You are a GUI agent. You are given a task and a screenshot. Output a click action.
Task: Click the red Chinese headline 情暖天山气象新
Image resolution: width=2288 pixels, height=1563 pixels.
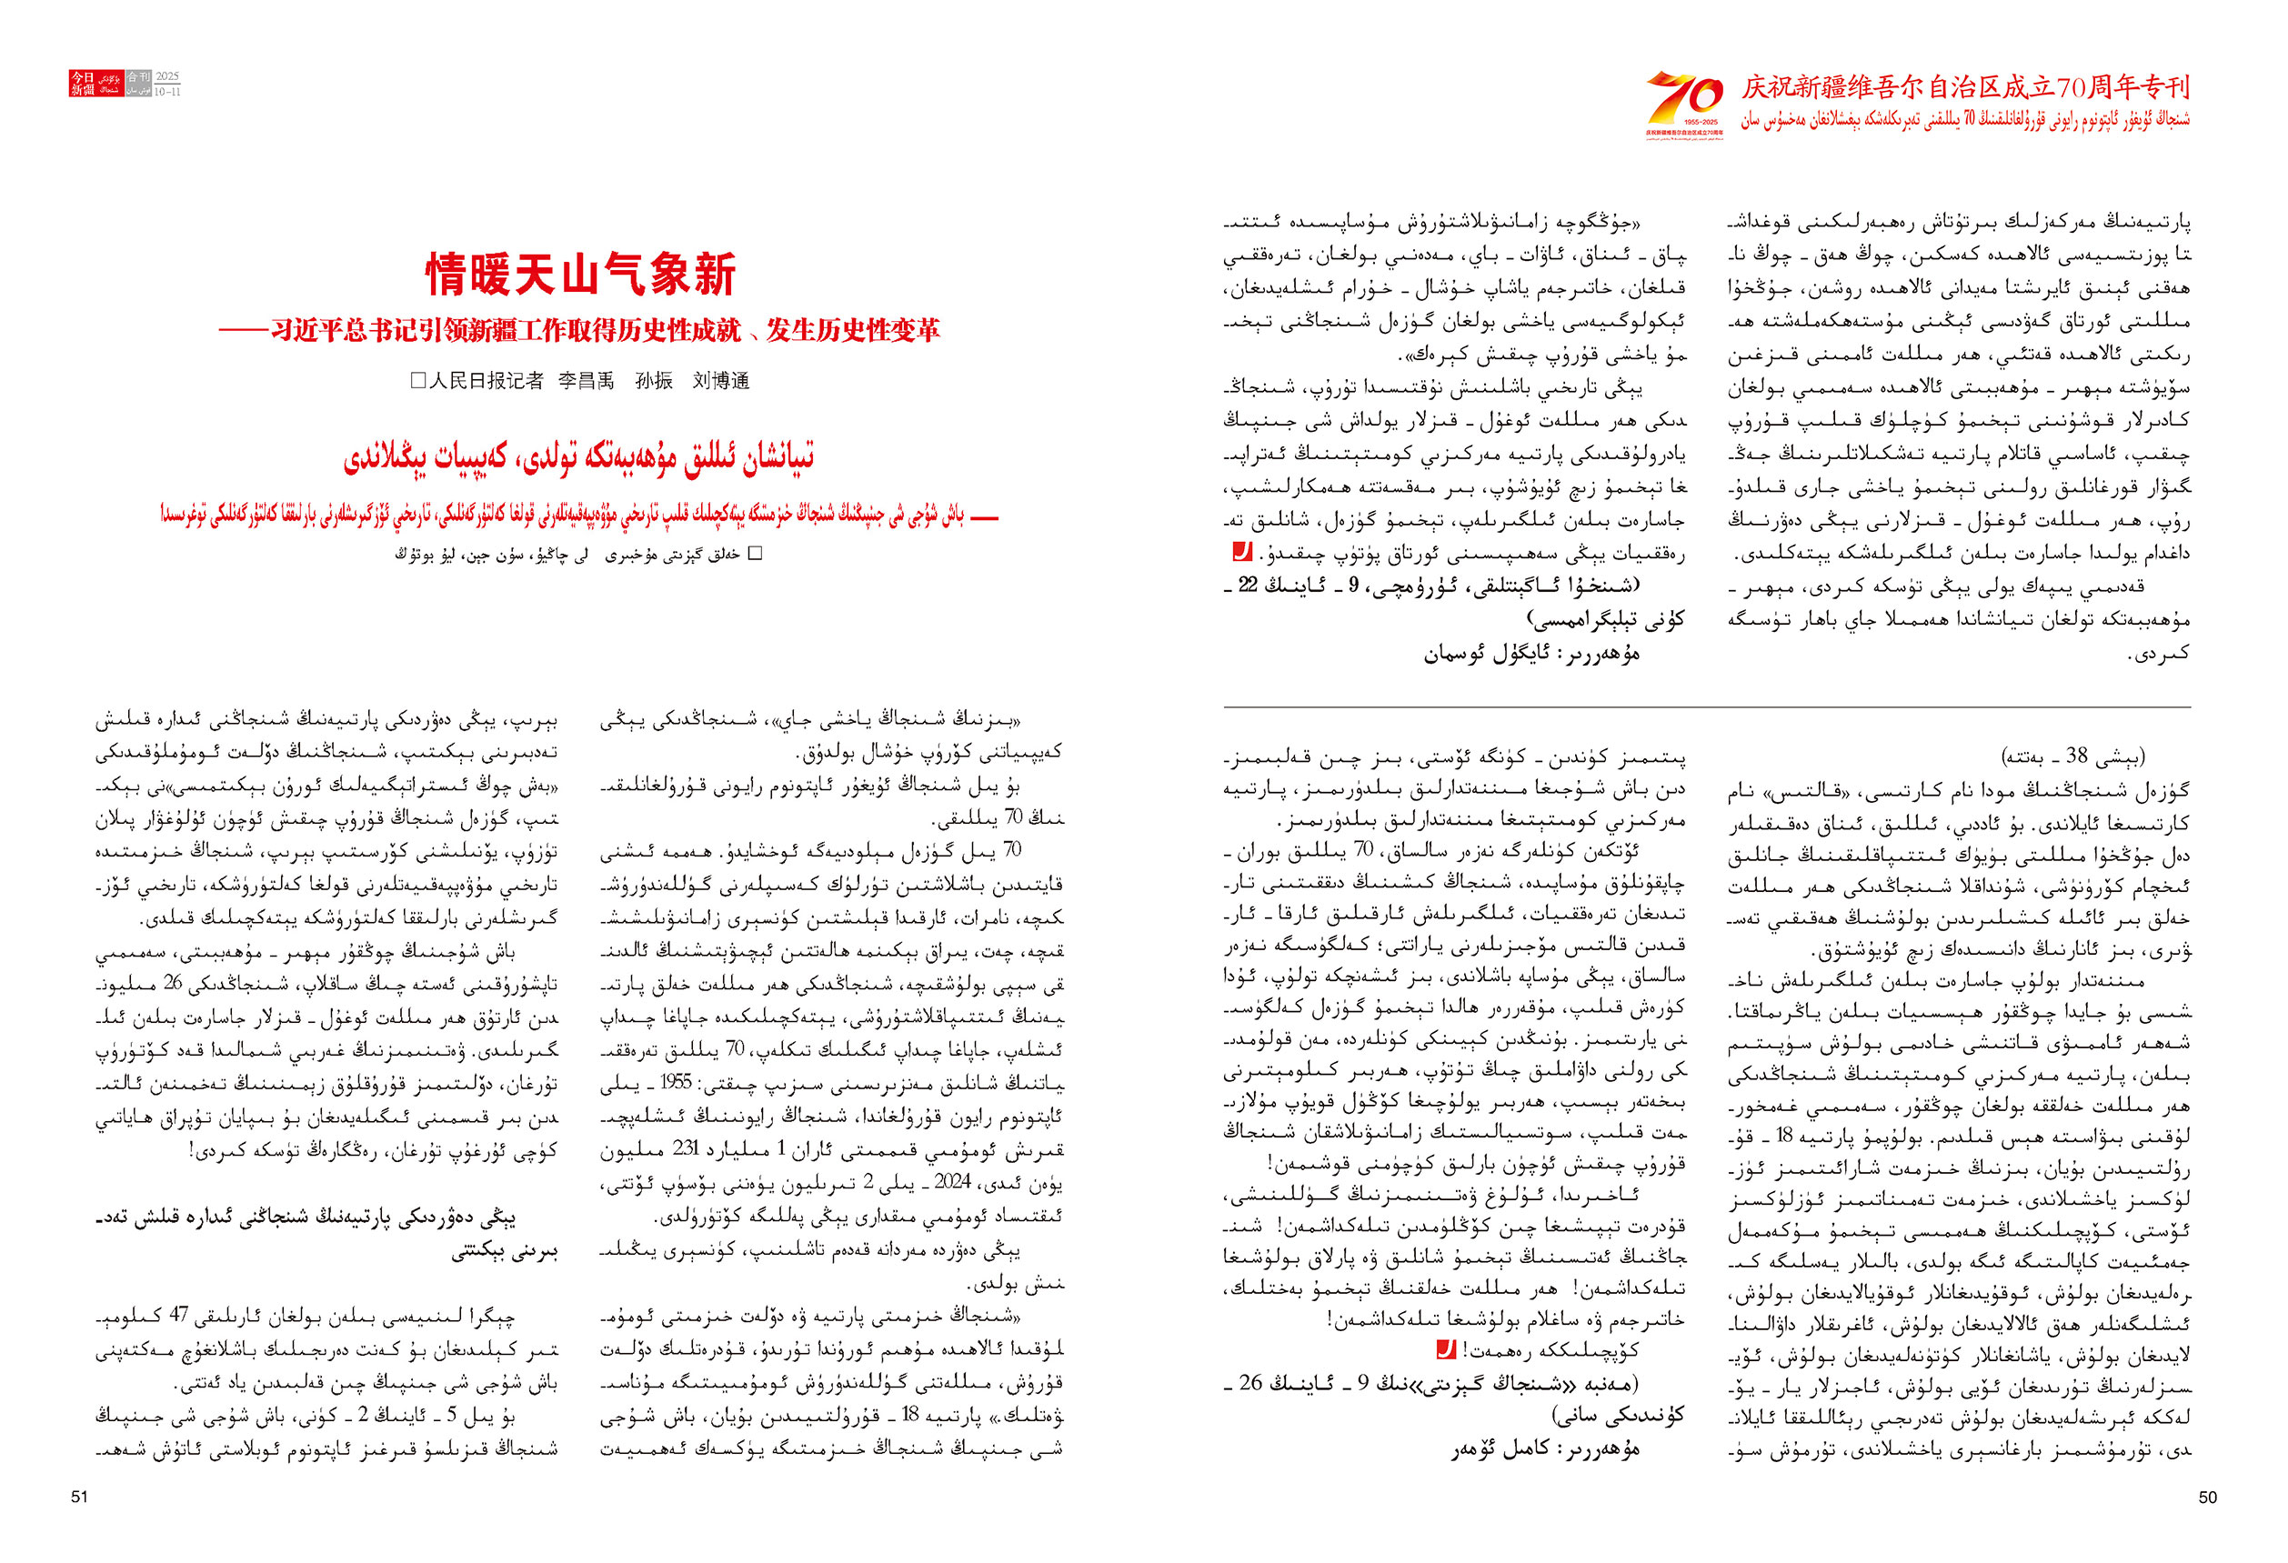[580, 275]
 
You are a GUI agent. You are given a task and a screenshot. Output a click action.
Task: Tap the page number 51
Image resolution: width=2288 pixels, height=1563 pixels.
[80, 1497]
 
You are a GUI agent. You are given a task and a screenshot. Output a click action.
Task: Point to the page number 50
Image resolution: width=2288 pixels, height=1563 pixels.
[2207, 1497]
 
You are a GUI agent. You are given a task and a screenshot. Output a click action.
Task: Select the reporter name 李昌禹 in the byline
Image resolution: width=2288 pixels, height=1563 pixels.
[586, 381]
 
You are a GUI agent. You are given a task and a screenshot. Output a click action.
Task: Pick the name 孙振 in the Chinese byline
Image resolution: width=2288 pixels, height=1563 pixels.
[654, 381]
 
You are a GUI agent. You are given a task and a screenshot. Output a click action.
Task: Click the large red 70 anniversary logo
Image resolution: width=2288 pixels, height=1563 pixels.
[1683, 99]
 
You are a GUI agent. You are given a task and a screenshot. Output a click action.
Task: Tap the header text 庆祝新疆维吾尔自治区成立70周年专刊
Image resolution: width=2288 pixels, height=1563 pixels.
[1965, 87]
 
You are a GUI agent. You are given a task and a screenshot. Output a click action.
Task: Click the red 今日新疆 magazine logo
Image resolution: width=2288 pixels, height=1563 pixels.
[82, 83]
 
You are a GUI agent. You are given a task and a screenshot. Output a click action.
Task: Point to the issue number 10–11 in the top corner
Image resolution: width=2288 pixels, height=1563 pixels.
[167, 92]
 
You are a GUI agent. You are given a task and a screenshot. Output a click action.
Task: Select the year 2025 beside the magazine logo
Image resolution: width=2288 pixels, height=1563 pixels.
[167, 76]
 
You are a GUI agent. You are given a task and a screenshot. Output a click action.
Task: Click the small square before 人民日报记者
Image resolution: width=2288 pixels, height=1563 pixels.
[417, 381]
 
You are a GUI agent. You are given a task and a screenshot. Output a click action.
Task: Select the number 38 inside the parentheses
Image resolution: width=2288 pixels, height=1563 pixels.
[2077, 756]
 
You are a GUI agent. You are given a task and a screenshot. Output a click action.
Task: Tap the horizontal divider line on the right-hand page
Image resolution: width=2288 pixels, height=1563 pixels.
[1706, 706]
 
